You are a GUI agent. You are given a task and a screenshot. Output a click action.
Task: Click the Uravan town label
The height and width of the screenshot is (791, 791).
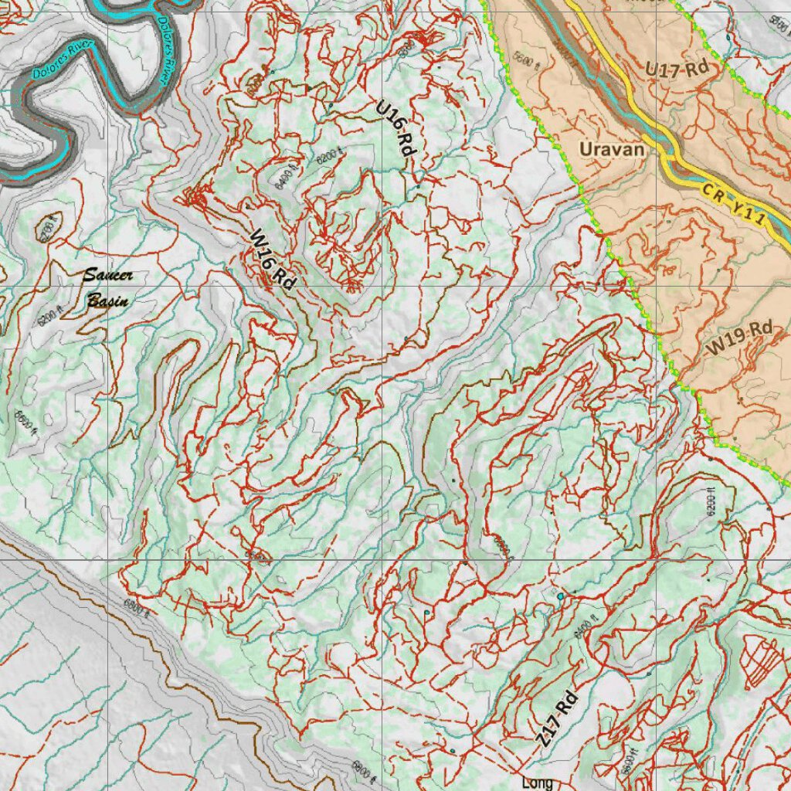(x=612, y=148)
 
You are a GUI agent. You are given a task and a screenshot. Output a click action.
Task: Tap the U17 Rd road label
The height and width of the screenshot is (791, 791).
(x=677, y=69)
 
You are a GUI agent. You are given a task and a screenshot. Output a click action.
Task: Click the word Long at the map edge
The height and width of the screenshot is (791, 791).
(x=537, y=783)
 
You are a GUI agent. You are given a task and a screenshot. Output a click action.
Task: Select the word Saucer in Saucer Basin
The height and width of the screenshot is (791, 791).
(x=108, y=275)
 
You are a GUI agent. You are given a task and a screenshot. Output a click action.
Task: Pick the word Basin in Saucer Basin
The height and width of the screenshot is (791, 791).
(x=107, y=300)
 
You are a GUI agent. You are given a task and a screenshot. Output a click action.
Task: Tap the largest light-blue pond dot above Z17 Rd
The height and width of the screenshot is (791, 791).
(x=560, y=596)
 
